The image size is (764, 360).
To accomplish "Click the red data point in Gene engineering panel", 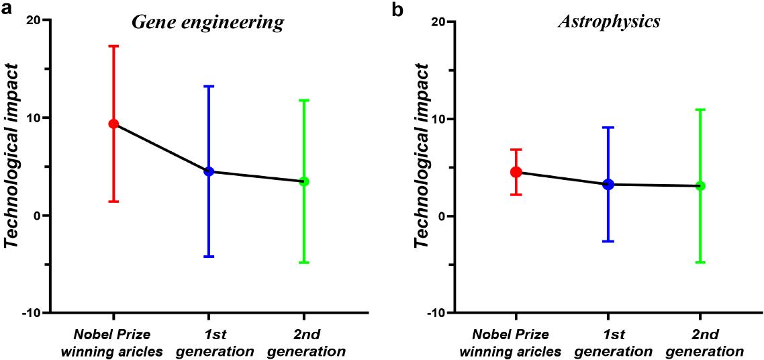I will coord(113,124).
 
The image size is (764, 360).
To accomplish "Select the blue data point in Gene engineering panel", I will coord(209,171).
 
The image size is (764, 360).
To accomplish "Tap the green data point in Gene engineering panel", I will coord(304,181).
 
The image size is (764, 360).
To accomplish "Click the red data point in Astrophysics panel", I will coord(516,172).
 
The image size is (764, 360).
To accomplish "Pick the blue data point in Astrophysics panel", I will coord(608,184).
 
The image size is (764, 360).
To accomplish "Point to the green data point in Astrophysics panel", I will coord(700,185).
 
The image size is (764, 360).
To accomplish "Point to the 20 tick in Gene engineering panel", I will coord(32,20).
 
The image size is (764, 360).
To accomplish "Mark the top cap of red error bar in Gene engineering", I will coord(113,46).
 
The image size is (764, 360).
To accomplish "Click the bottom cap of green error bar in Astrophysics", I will coord(700,262).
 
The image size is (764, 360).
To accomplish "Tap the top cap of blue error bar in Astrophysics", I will coord(608,127).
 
